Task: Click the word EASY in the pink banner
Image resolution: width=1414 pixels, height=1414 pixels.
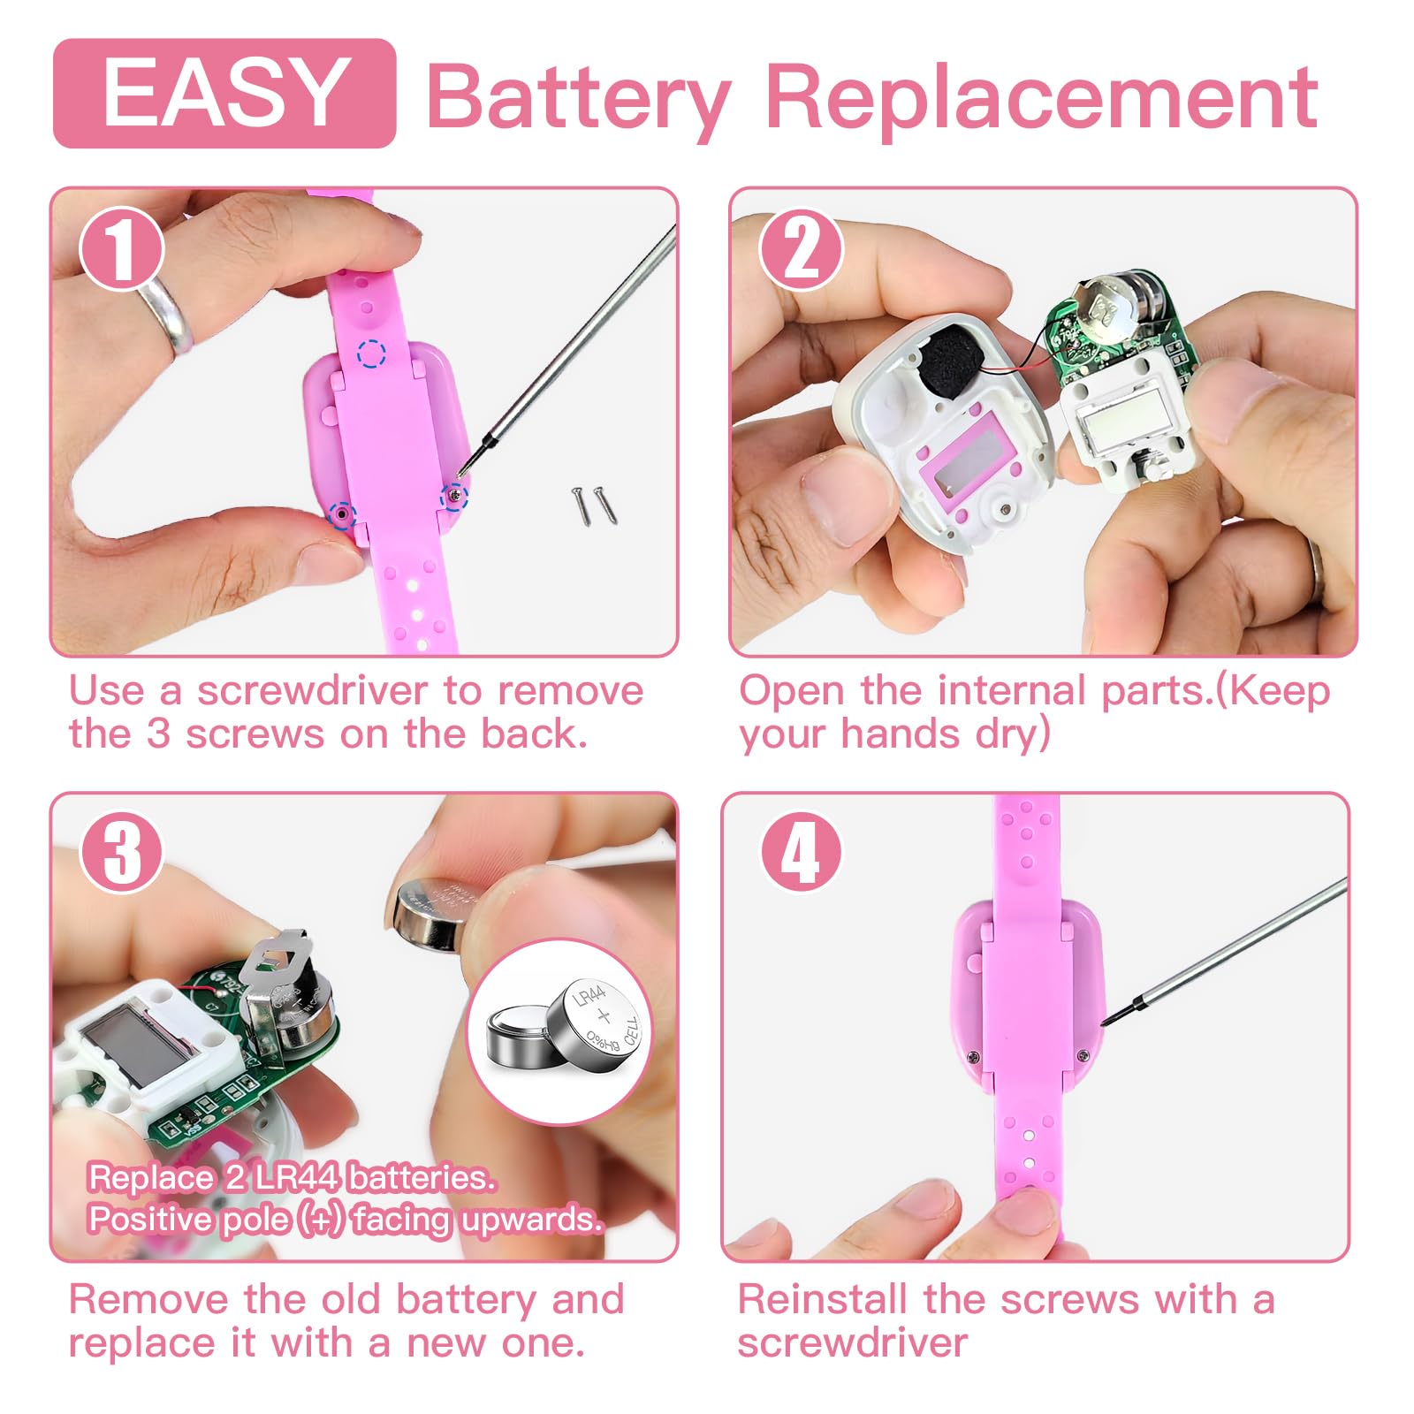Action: (224, 92)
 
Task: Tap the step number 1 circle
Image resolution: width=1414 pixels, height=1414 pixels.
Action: (122, 248)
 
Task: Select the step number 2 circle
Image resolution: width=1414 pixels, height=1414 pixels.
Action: (802, 248)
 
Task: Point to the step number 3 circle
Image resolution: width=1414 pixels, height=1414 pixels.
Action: (122, 852)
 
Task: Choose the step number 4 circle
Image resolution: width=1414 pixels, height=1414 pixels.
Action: (802, 852)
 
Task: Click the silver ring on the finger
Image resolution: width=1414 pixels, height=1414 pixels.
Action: (166, 313)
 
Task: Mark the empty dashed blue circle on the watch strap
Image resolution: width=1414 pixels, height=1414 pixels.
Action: (372, 353)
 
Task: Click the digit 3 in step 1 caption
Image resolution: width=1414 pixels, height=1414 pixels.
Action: (158, 734)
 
